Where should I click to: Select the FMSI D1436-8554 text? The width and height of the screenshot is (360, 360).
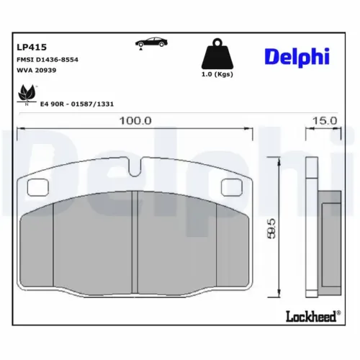(x=48, y=59)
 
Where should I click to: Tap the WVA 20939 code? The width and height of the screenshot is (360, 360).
(x=37, y=71)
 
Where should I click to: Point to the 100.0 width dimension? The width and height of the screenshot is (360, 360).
(x=136, y=120)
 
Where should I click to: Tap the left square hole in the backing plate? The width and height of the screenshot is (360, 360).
(x=36, y=187)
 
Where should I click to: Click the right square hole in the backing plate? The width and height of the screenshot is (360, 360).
(x=230, y=187)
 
